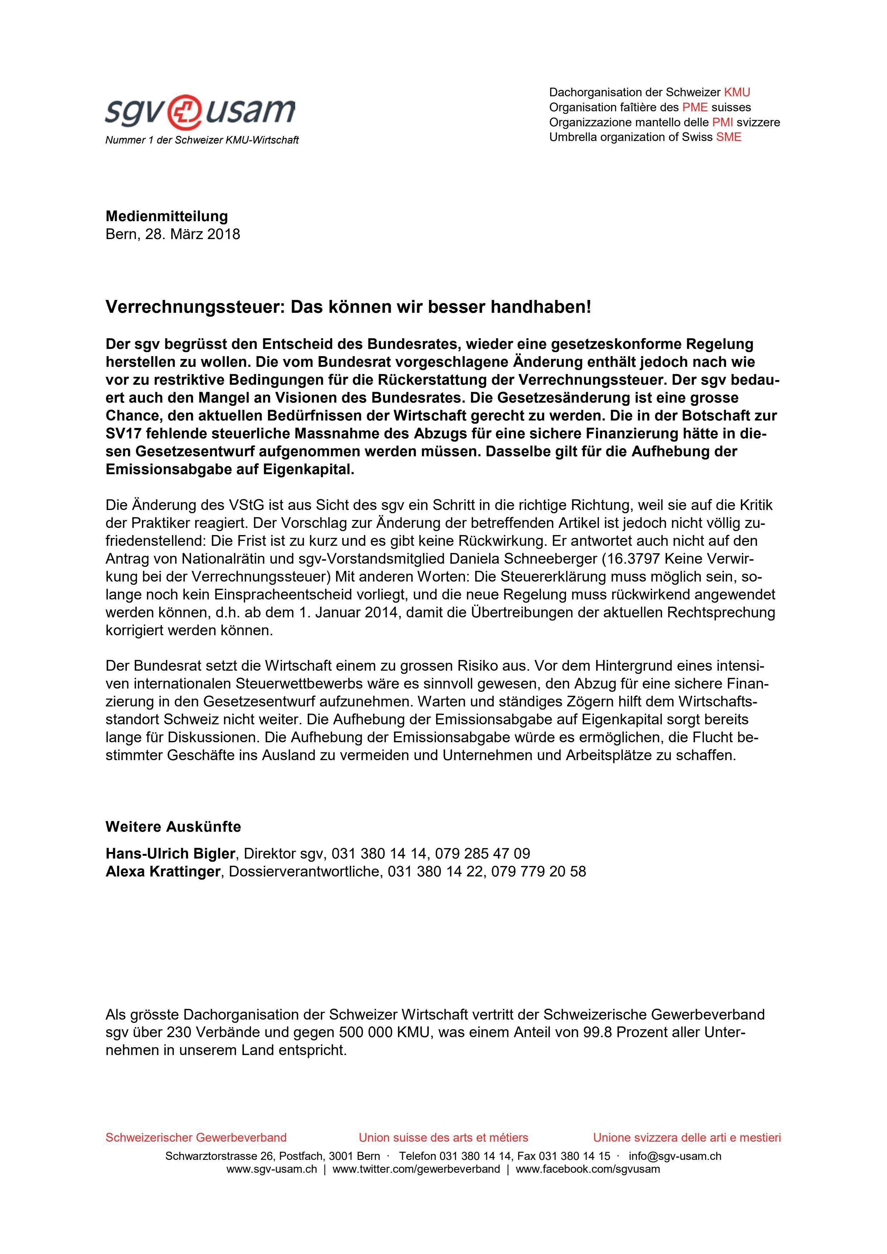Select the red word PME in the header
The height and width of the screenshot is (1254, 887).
695,107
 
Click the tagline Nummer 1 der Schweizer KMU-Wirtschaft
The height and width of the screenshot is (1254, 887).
202,140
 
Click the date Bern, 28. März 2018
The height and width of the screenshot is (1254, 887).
172,234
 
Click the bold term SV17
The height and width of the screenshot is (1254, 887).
123,434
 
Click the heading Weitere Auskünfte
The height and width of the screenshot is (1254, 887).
173,827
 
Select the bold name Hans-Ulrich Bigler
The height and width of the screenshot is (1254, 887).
170,854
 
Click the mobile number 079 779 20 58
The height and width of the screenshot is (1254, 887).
538,872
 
